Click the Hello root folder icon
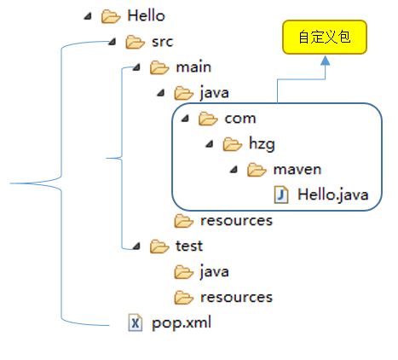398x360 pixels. (110, 15)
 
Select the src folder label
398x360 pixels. (163, 41)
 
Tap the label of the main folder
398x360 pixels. (193, 67)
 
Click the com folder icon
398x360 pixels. (208, 119)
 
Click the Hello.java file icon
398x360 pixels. (281, 195)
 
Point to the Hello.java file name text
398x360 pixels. (332, 195)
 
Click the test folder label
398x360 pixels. (188, 247)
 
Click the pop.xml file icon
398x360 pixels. (135, 323)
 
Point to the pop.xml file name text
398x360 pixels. (182, 323)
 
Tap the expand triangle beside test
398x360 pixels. (138, 247)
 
